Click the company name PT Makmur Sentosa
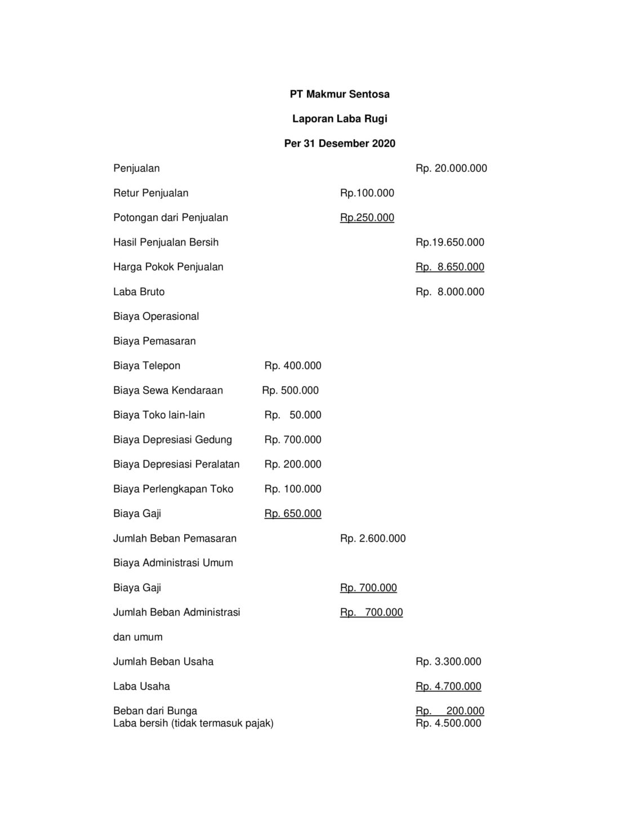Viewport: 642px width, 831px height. coord(340,94)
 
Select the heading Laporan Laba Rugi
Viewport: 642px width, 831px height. coord(340,119)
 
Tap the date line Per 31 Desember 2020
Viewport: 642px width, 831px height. coord(340,144)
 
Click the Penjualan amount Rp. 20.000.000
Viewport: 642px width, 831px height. coord(451,168)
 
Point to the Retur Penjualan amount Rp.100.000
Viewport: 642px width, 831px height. coord(367,193)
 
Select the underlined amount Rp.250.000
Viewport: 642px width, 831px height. coord(367,217)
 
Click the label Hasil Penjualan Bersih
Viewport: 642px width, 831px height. coord(166,242)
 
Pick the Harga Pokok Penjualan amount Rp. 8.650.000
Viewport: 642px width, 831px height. coord(449,267)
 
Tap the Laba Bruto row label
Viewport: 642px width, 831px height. coord(139,292)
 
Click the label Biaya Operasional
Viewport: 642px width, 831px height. coord(156,316)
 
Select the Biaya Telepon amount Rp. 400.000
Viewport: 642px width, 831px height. coord(293,366)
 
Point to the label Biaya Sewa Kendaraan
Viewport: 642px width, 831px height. coord(168,390)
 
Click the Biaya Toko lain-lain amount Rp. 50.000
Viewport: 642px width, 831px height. coord(293,415)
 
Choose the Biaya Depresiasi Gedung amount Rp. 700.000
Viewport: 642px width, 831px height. coord(293,439)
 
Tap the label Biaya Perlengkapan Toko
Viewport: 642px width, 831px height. coord(173,489)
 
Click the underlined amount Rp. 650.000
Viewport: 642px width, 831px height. coord(293,514)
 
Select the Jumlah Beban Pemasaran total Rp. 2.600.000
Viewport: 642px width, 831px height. coord(372,539)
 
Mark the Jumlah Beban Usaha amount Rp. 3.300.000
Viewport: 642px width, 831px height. coord(448,662)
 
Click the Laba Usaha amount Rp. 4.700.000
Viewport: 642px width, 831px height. coord(448,686)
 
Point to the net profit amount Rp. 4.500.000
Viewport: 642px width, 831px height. coord(448,723)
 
